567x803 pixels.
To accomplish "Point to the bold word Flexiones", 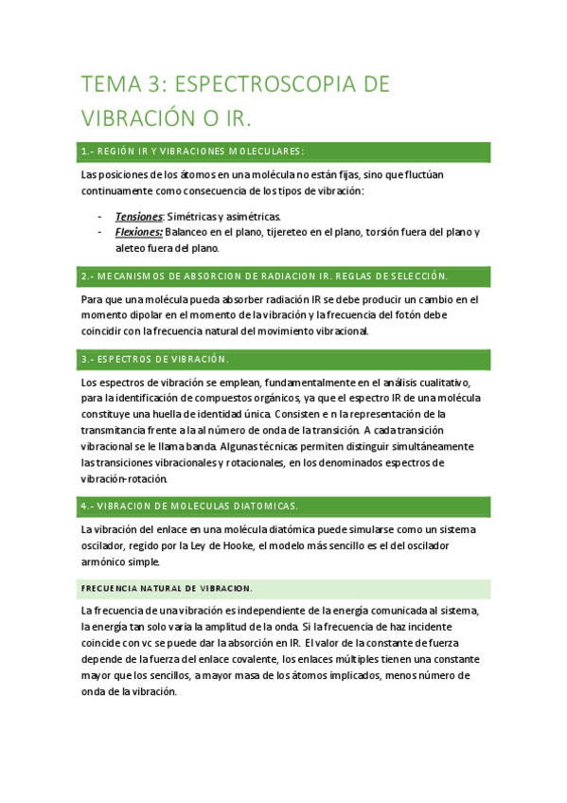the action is click(139, 232).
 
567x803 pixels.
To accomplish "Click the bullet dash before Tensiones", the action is click(100, 216).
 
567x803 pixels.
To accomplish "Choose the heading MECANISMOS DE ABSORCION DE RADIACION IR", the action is click(265, 276).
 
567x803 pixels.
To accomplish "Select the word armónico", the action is click(106, 562).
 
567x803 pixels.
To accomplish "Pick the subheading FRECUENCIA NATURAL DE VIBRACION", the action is click(167, 589).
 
